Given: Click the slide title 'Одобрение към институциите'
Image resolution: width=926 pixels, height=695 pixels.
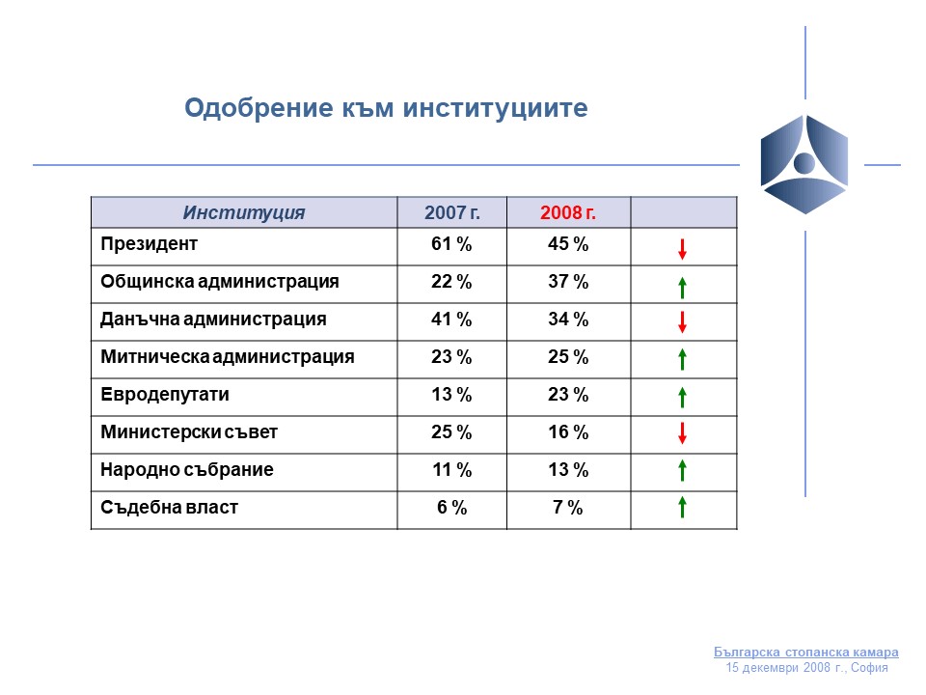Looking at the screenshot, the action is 386,108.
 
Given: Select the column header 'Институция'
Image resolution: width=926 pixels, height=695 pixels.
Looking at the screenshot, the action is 244,212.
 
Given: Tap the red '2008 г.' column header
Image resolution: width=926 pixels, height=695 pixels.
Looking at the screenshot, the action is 568,212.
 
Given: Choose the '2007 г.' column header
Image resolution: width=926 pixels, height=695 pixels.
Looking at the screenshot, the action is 452,212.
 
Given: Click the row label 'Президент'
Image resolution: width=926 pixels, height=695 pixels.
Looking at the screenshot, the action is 149,244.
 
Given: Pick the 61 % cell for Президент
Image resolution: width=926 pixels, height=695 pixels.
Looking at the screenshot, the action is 451,244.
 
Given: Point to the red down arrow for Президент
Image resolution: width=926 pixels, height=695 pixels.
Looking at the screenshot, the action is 683,249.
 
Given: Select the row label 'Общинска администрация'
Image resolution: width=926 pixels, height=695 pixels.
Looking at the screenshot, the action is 220,282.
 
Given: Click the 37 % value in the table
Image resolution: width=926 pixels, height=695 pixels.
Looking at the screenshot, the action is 568,281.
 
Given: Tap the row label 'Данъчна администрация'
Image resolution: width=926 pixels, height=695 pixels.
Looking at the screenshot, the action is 213,320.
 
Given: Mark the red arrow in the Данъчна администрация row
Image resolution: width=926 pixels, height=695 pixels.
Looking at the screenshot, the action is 683,322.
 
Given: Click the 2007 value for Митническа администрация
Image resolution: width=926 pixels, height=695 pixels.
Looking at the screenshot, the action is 451,357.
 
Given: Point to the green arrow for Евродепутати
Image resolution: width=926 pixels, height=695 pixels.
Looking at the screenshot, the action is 683,397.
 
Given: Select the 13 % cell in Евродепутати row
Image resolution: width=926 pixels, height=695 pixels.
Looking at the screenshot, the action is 451,394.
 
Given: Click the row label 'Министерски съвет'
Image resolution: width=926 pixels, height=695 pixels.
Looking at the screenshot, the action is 189,432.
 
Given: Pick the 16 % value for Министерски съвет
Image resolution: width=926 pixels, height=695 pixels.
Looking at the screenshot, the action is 568,432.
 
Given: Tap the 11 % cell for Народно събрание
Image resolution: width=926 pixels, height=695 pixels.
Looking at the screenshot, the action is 451,470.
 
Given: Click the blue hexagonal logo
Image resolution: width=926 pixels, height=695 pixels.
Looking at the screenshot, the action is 804,164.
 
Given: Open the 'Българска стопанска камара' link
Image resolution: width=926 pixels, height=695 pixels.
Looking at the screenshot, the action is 806,652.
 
